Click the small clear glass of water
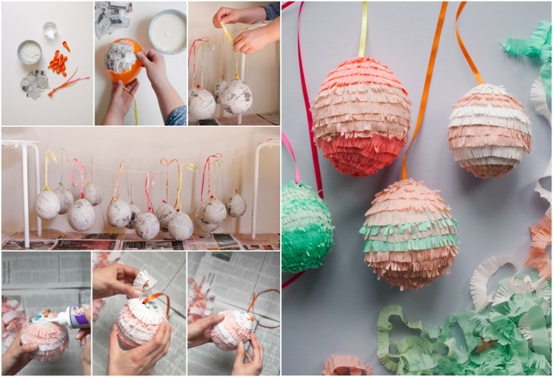point(51,30)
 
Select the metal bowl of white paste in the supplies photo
point(29,52)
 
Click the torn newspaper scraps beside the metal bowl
point(33,83)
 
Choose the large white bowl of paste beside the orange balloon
point(167,32)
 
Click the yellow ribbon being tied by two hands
point(227,33)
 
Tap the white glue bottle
point(71,317)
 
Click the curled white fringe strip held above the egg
point(144,281)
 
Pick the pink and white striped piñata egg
point(489,130)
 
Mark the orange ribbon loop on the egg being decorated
point(156,298)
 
